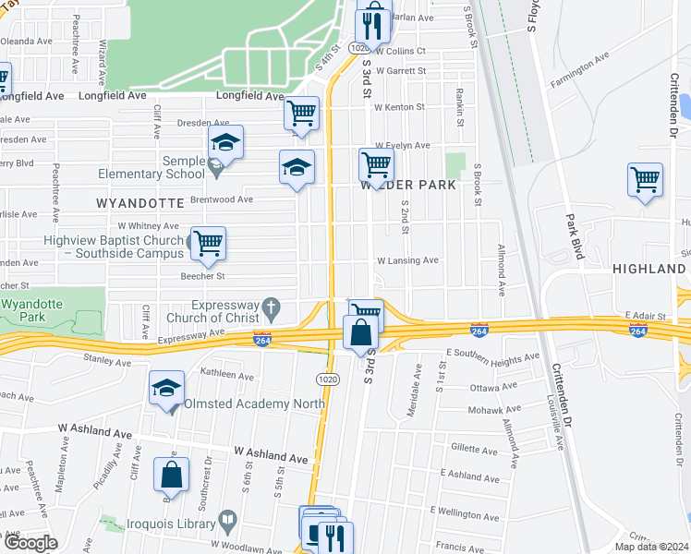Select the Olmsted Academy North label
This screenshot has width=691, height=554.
point(254,403)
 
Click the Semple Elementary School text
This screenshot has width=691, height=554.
point(184,167)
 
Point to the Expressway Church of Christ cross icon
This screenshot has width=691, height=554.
point(271,305)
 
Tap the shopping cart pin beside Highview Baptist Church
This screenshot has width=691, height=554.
point(209,244)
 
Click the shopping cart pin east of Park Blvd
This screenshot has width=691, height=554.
point(645,179)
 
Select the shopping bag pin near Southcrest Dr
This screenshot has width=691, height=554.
point(172,475)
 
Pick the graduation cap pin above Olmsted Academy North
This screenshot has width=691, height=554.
point(166,388)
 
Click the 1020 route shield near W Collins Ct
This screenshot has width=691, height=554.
point(359,47)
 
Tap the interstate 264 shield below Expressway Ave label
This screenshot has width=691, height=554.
point(261,341)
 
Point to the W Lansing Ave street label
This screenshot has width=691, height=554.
point(406,260)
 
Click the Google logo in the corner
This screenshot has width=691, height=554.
point(30,543)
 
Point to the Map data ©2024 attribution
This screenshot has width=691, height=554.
point(649,547)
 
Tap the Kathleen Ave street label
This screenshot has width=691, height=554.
point(227,376)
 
